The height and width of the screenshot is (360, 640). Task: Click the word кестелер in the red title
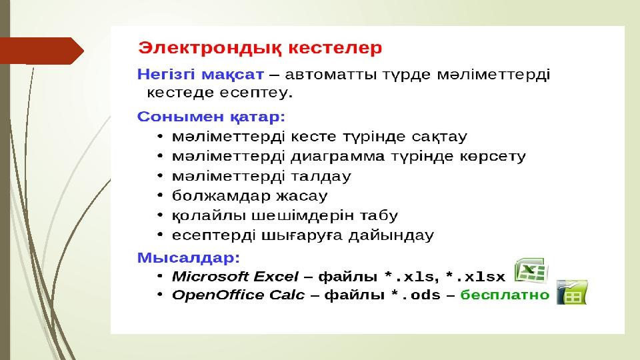(335, 48)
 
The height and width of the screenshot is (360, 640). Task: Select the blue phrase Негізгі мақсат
(201, 75)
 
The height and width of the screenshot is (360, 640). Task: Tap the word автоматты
(331, 75)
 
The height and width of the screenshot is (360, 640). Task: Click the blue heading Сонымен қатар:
(211, 117)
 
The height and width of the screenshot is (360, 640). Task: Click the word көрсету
(493, 157)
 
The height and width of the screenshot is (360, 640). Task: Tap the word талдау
(321, 176)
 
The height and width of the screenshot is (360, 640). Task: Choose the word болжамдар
(221, 196)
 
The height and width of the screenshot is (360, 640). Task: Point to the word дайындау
(391, 235)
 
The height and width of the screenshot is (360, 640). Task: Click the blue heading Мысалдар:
(189, 258)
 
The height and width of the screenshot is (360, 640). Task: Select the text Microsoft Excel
(235, 277)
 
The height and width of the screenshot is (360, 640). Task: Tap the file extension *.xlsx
(475, 277)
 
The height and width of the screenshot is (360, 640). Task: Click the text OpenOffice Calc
(239, 295)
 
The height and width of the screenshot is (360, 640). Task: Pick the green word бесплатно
(505, 295)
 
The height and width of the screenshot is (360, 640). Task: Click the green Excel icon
(531, 270)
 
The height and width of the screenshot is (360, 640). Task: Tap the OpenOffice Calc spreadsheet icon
(572, 292)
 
